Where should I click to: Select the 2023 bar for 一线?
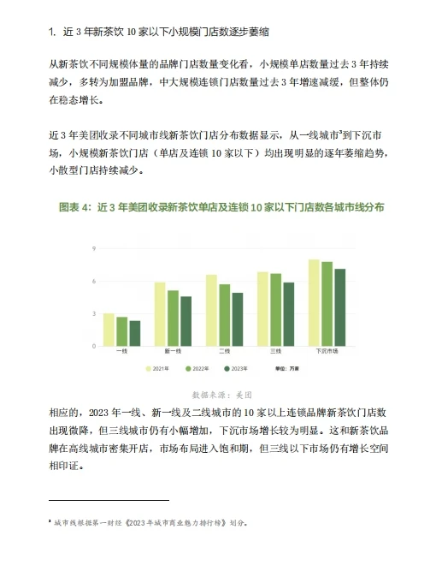pyautogui.click(x=134, y=333)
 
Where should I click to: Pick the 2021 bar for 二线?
pyautogui.click(x=211, y=310)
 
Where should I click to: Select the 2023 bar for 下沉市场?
pyautogui.click(x=339, y=307)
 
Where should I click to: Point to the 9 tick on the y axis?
pyautogui.click(x=94, y=248)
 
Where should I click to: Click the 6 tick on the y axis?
pyautogui.click(x=94, y=281)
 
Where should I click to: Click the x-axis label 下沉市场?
pyautogui.click(x=327, y=352)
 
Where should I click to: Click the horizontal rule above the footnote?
pyautogui.click(x=109, y=500)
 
